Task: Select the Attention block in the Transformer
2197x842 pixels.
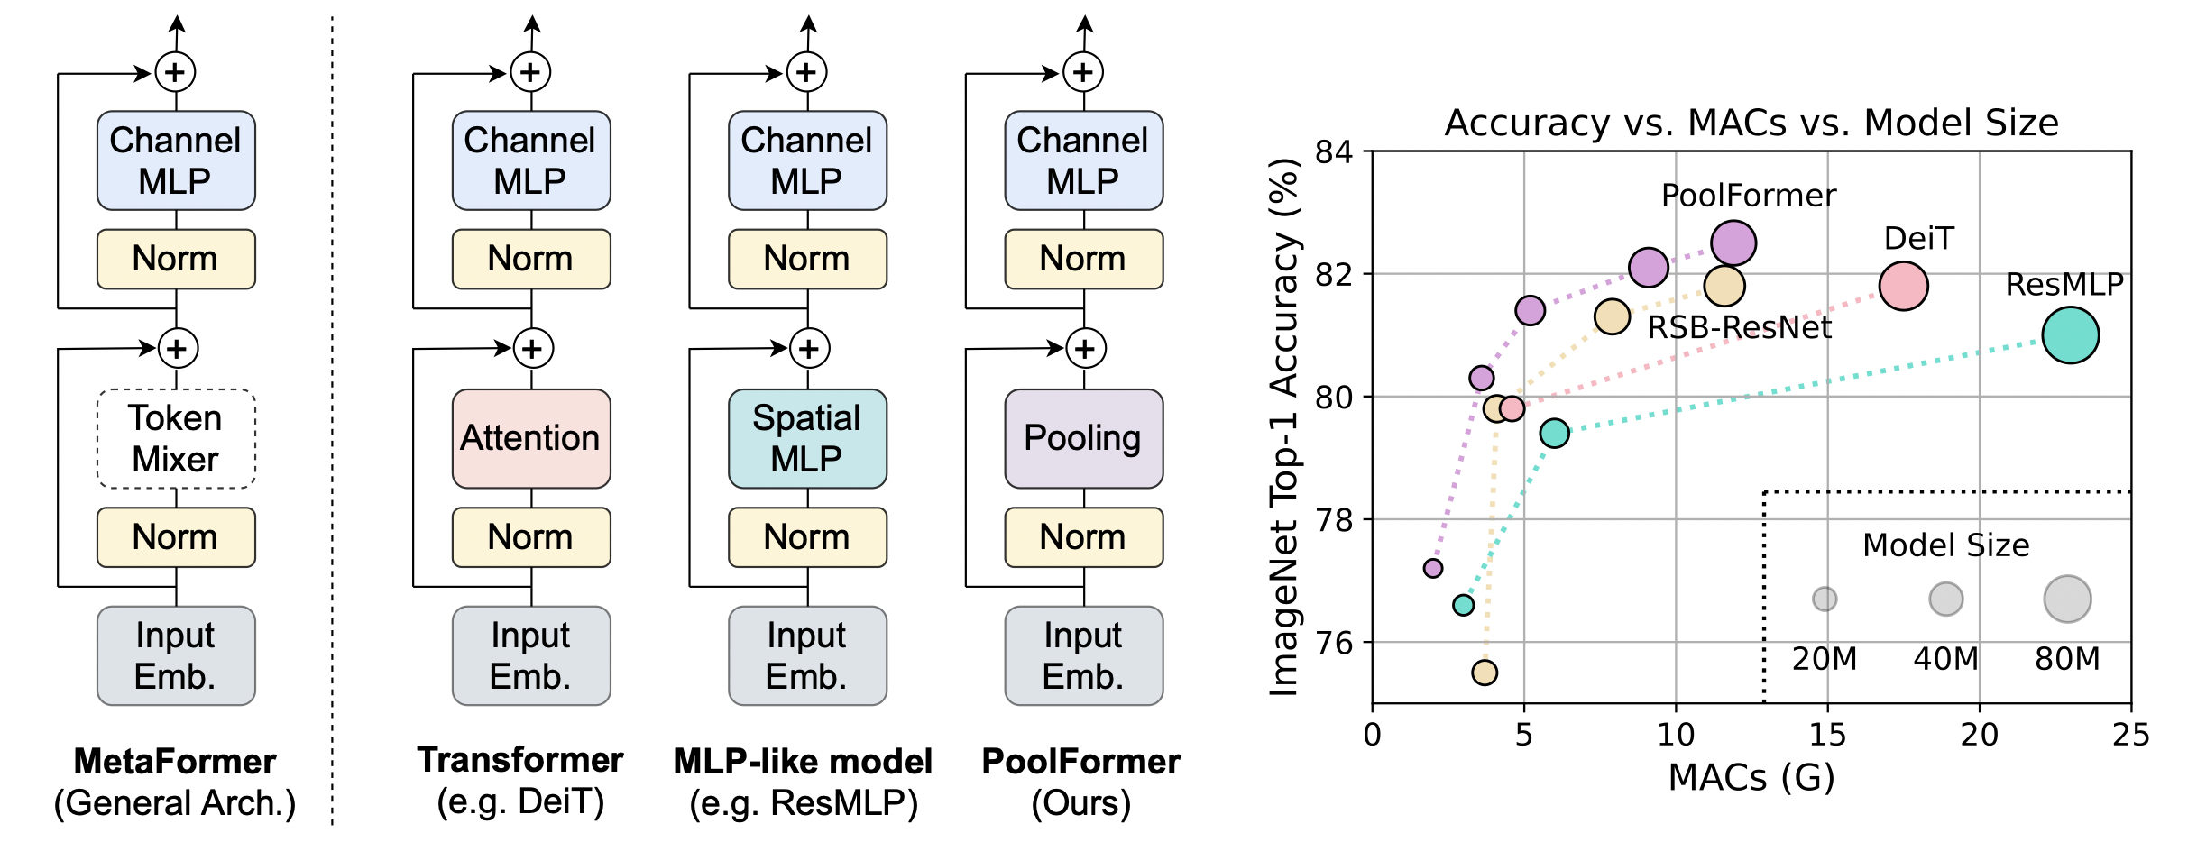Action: click(531, 438)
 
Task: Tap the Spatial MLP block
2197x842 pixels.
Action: click(807, 438)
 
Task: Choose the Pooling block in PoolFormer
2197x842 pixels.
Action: click(1084, 438)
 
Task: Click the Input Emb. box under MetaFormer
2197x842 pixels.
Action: click(176, 655)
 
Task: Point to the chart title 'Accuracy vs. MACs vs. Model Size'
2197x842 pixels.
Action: click(1751, 123)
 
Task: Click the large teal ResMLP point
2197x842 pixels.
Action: click(2070, 335)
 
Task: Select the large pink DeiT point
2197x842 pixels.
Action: click(1903, 287)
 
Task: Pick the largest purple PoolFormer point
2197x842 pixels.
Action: click(1733, 243)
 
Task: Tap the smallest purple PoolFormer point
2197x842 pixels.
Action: click(1433, 568)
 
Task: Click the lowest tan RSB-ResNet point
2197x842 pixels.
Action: click(1485, 673)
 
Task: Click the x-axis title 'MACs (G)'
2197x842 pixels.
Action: click(1751, 777)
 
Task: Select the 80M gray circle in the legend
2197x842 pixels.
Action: click(2067, 599)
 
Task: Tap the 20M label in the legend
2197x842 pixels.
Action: click(1825, 659)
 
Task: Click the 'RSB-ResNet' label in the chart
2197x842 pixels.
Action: click(1740, 327)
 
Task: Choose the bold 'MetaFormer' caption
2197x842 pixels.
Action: click(175, 762)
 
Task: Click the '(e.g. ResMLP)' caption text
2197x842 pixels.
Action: click(804, 802)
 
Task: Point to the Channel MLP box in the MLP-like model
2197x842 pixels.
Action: click(807, 160)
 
